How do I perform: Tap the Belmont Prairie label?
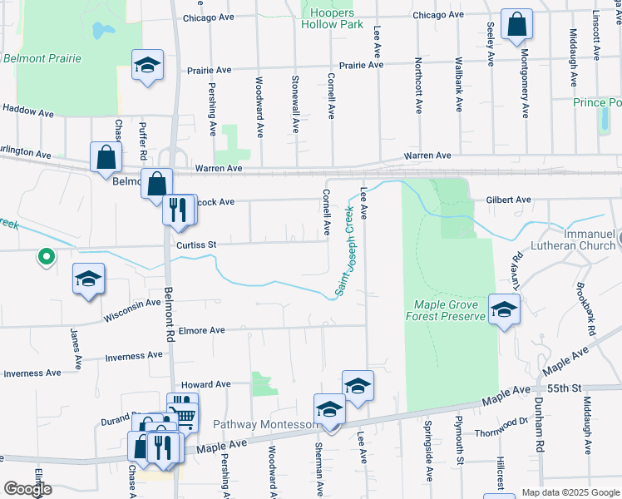pyautogui.click(x=42, y=58)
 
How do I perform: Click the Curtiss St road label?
pyautogui.click(x=196, y=245)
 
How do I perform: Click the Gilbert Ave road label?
pyautogui.click(x=508, y=200)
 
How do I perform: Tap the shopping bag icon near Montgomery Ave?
pyautogui.click(x=516, y=25)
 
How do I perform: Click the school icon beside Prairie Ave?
pyautogui.click(x=147, y=66)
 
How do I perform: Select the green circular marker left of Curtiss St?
pyautogui.click(x=47, y=258)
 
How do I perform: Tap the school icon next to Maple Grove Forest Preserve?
pyautogui.click(x=502, y=311)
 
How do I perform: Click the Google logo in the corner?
pyautogui.click(x=27, y=489)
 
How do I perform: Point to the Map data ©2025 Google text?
pyautogui.click(x=570, y=492)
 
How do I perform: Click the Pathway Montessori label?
pyautogui.click(x=264, y=424)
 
